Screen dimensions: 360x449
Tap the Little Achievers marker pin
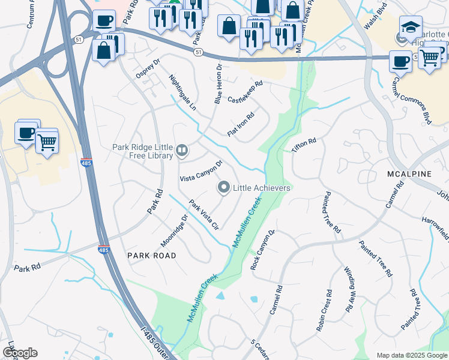[224, 188]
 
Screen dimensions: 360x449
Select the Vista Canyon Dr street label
[202, 171]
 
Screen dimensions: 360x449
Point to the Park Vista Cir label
[203, 215]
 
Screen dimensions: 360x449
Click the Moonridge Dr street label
[174, 231]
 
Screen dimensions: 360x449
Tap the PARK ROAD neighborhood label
[152, 256]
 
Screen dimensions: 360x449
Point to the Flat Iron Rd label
[241, 124]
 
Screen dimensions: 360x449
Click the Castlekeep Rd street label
[245, 92]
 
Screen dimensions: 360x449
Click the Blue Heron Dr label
[218, 84]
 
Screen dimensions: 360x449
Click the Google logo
[20, 353]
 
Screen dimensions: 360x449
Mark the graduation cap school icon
[411, 28]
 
